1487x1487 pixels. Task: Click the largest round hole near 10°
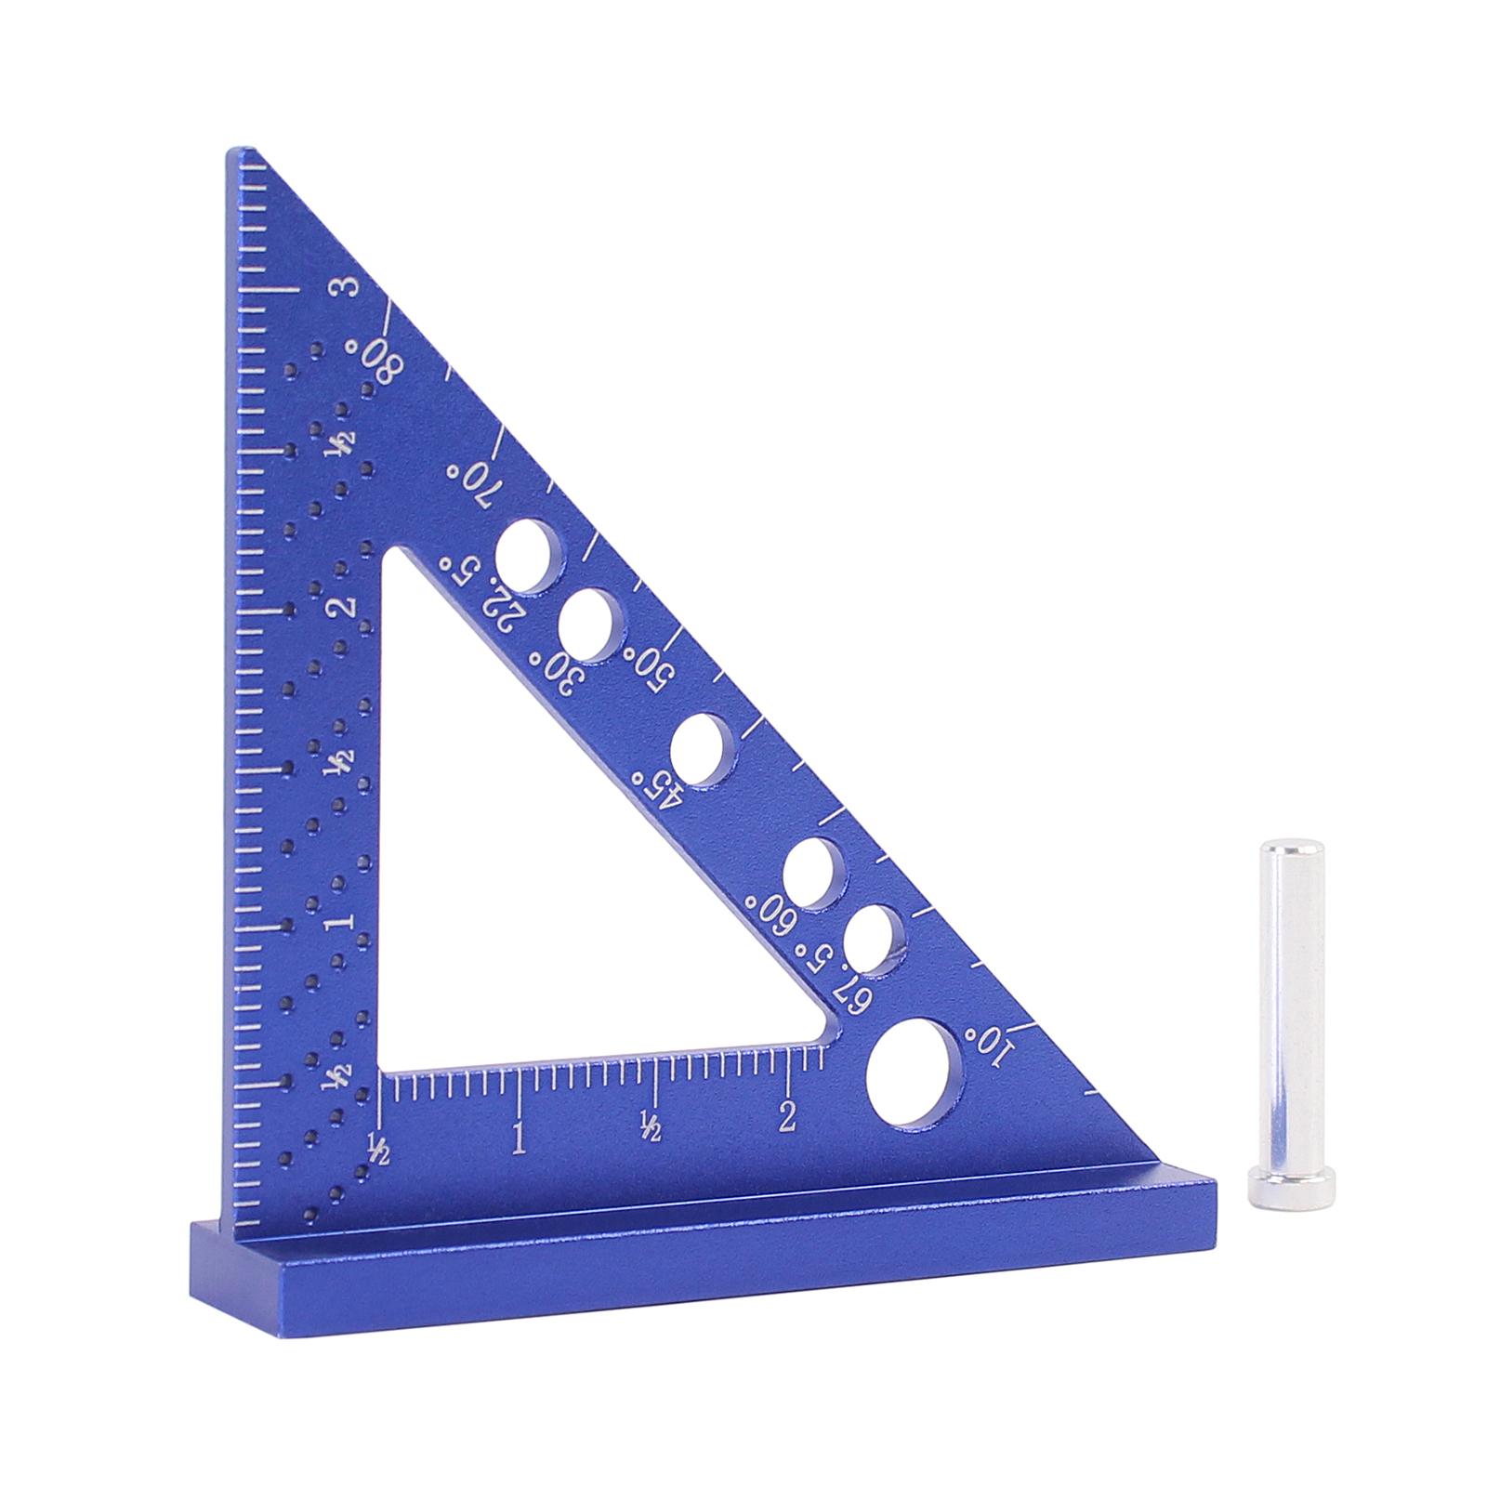(x=915, y=1073)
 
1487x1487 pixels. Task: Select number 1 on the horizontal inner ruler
(x=518, y=1137)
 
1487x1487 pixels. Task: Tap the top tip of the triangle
(x=240, y=152)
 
